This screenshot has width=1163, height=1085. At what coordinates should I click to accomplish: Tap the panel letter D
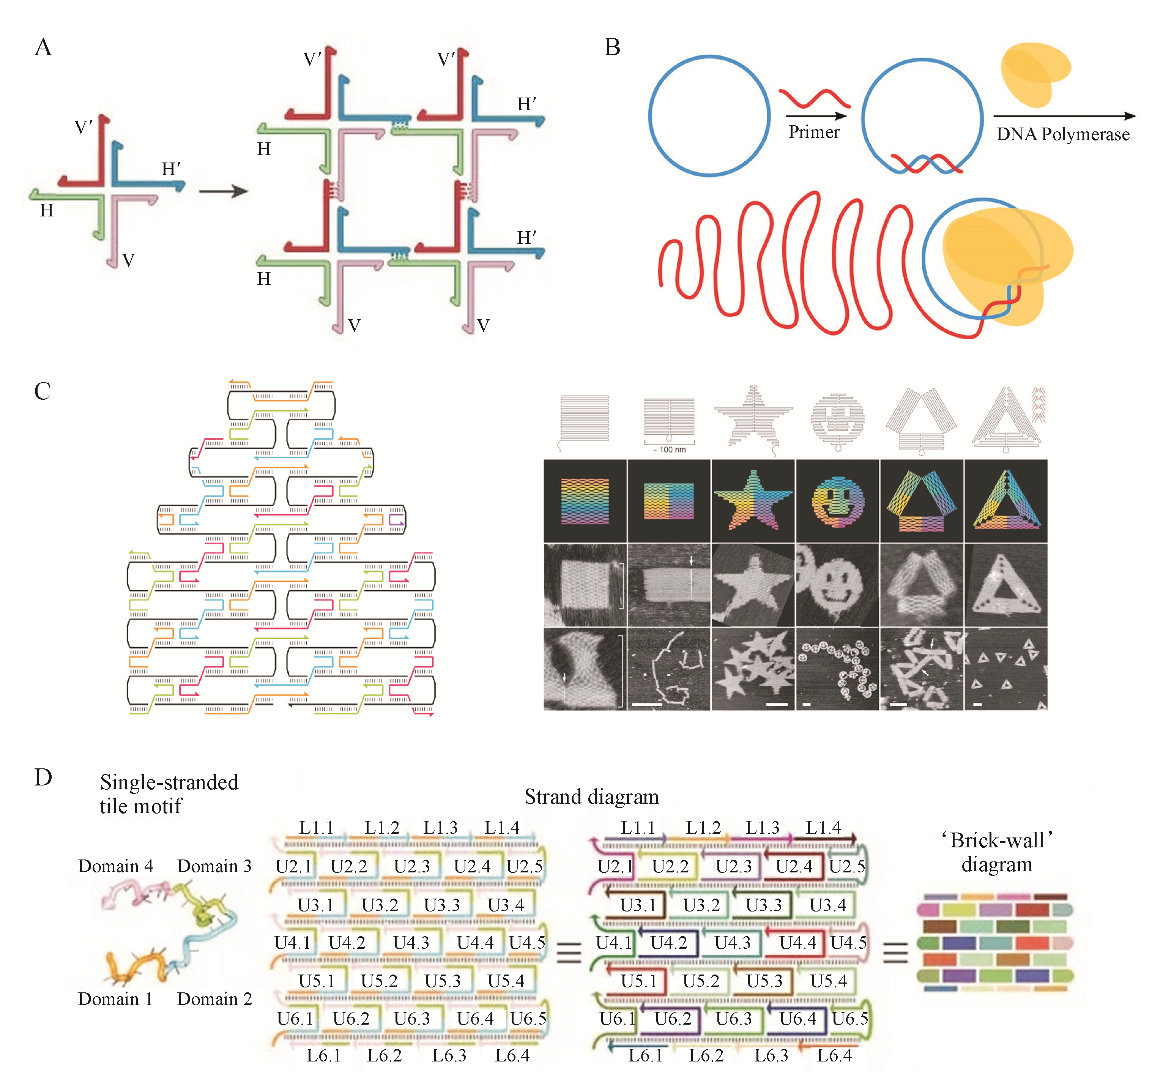pos(43,777)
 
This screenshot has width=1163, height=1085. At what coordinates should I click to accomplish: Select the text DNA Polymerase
pos(1062,135)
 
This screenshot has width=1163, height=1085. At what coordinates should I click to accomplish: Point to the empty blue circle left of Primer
pos(709,116)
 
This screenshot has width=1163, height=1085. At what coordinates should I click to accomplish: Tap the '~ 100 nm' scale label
pos(669,449)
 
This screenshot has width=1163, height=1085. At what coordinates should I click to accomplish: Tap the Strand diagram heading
pos(591,796)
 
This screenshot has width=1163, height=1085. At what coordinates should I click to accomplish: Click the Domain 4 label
pos(115,866)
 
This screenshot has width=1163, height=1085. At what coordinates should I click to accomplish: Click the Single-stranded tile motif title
pos(169,793)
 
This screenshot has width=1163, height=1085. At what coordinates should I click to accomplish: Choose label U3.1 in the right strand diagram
pos(638,905)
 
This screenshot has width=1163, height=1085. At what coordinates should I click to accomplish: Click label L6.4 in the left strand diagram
pos(512,1055)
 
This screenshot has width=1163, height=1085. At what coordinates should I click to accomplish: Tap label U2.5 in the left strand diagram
pos(524,866)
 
